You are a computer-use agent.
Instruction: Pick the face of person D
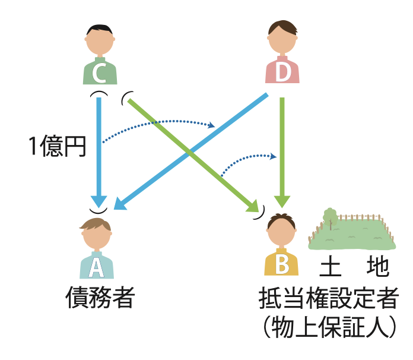[x=282, y=40]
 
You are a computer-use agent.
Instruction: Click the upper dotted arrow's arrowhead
[x=212, y=125]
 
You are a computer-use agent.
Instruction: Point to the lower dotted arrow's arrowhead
[x=275, y=156]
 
